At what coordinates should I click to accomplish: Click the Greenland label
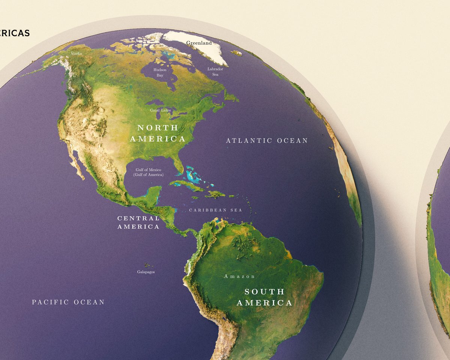pyautogui.click(x=199, y=43)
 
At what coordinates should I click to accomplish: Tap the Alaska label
pyautogui.click(x=76, y=54)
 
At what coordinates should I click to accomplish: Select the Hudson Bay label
pyautogui.click(x=160, y=72)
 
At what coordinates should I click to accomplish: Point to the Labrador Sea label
pyautogui.click(x=215, y=72)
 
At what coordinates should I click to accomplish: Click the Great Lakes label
pyautogui.click(x=160, y=110)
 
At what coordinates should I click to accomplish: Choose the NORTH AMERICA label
pyautogui.click(x=157, y=133)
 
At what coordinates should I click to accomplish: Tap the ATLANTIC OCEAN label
pyautogui.click(x=267, y=141)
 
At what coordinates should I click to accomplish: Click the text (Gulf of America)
pyautogui.click(x=148, y=175)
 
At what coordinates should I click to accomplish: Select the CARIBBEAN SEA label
pyautogui.click(x=216, y=210)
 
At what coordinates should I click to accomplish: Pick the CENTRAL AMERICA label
pyautogui.click(x=138, y=222)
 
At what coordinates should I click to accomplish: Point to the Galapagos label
pyautogui.click(x=146, y=272)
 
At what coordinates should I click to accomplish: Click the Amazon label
pyautogui.click(x=240, y=276)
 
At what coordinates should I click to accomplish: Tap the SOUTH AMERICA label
pyautogui.click(x=264, y=297)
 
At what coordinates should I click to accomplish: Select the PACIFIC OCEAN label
pyautogui.click(x=68, y=302)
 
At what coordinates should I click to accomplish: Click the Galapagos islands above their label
pyautogui.click(x=145, y=265)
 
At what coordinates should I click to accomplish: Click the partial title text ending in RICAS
pyautogui.click(x=15, y=33)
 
